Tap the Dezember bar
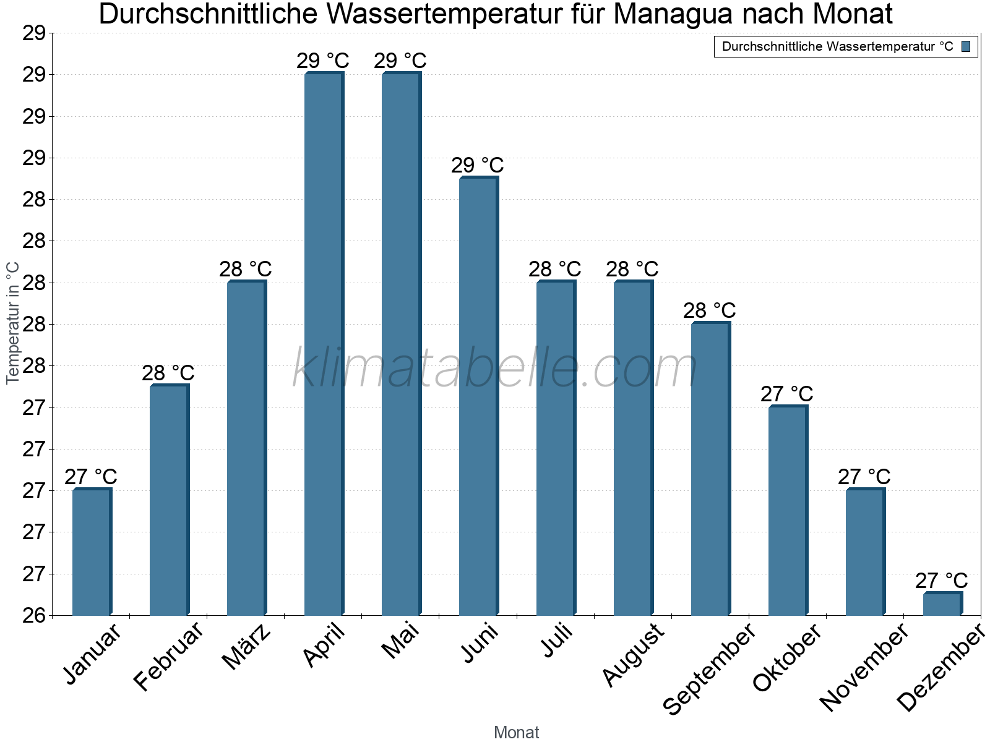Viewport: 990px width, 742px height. [942, 604]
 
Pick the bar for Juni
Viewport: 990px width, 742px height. [478, 396]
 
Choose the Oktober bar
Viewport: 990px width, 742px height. [788, 511]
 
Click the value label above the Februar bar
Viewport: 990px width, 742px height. [168, 373]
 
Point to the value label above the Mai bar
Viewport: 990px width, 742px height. [400, 61]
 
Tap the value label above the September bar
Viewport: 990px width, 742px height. [709, 310]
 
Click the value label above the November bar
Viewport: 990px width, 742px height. [864, 477]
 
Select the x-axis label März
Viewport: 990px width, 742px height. [247, 647]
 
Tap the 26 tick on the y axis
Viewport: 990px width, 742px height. [34, 615]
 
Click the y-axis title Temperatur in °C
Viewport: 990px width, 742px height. [13, 323]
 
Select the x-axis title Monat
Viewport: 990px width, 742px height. [516, 733]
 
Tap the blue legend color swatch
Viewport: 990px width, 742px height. [966, 46]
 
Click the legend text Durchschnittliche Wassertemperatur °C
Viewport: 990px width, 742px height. [837, 46]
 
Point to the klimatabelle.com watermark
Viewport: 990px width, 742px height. [495, 369]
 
